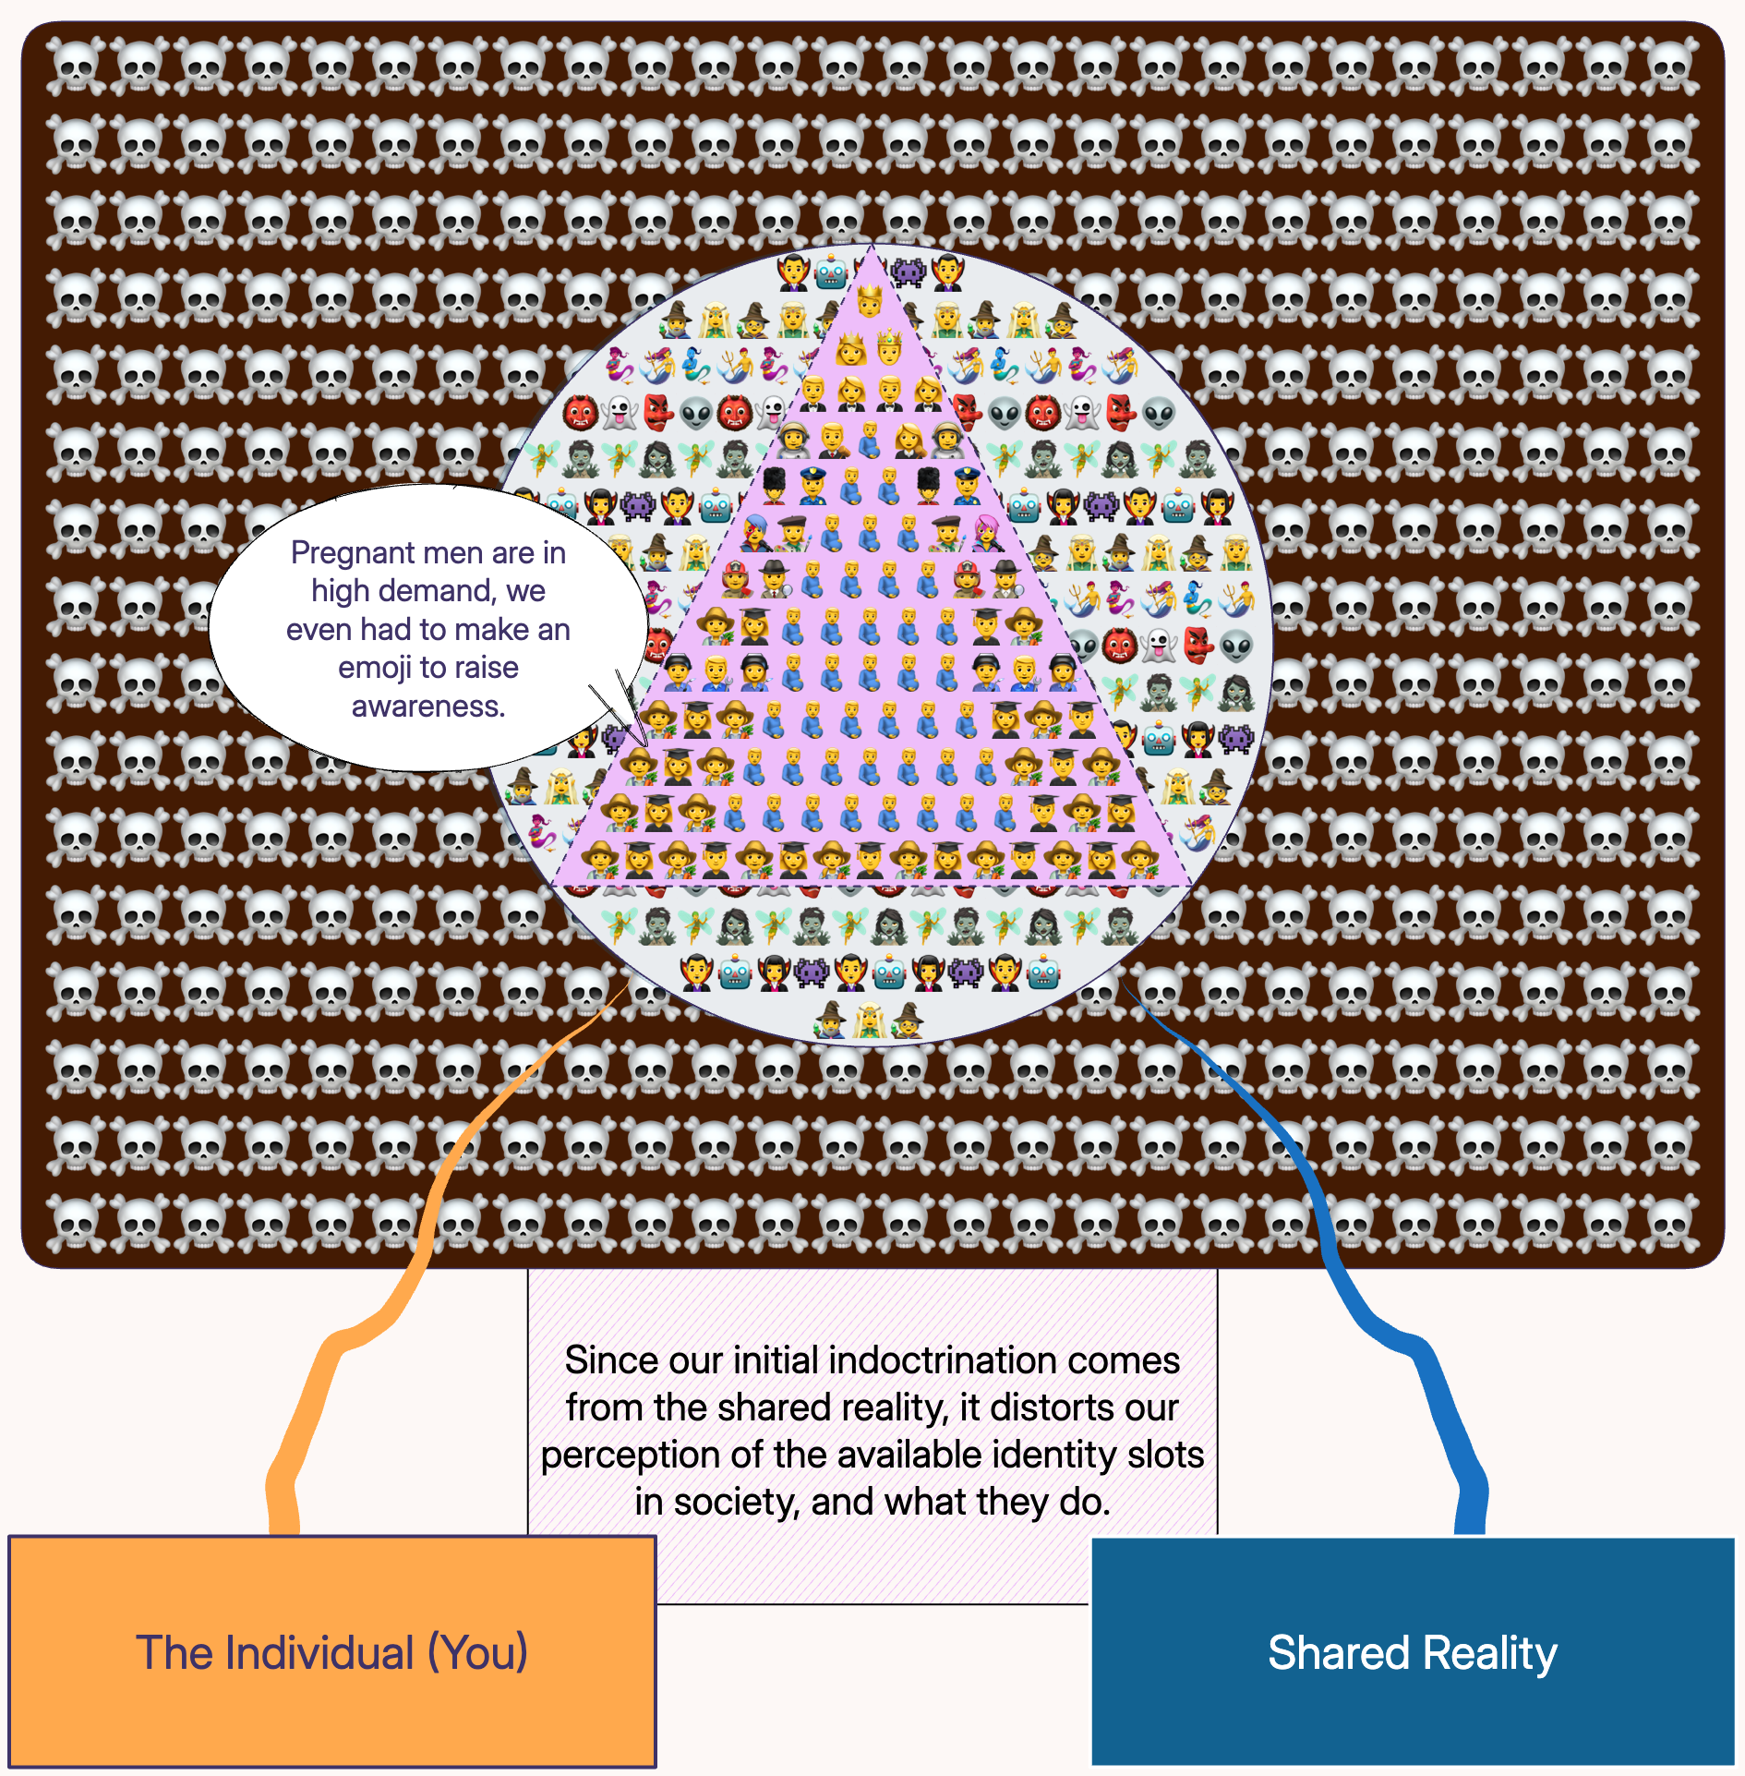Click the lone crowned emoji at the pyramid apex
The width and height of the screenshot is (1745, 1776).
pos(870,301)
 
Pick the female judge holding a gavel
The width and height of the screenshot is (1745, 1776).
pos(909,440)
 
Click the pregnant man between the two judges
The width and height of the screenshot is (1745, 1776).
pos(870,441)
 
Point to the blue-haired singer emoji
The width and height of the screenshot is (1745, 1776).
pos(755,533)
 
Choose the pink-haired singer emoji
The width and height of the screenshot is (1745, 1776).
pos(986,533)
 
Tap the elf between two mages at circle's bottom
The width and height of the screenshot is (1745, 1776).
pos(869,1020)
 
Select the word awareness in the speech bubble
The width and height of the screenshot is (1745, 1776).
pos(428,706)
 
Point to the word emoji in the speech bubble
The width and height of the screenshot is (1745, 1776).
pos(367,668)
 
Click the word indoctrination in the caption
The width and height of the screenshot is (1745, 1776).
pos(936,1360)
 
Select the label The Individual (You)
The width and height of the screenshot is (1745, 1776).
pos(332,1652)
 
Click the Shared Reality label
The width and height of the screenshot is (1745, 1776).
pos(1413,1652)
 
